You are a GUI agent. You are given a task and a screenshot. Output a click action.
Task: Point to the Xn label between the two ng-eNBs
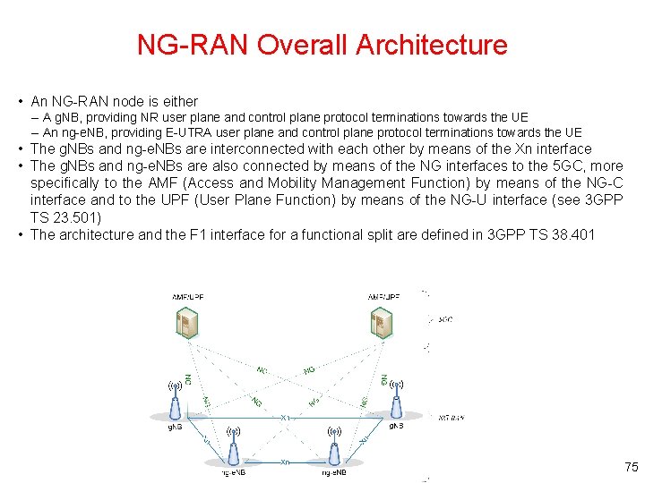point(284,462)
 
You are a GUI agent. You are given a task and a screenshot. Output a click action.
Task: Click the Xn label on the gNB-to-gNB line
point(285,418)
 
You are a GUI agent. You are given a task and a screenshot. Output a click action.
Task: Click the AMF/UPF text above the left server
point(187,296)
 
